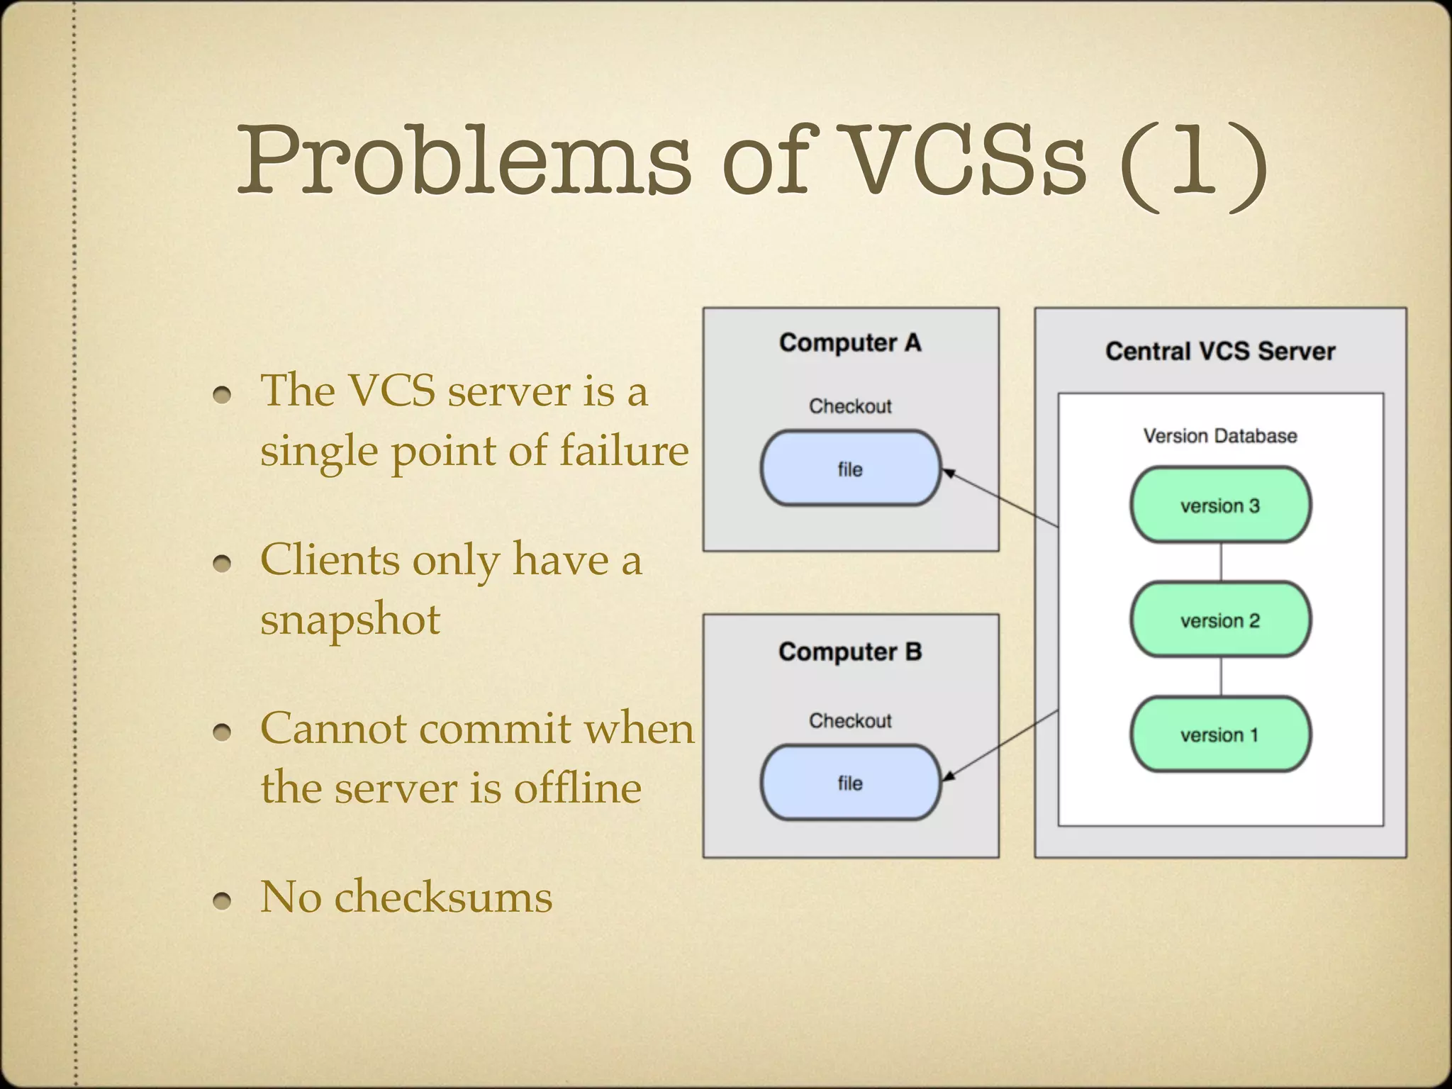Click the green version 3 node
pos(1220,505)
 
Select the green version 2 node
pos(1220,620)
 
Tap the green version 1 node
pos(1220,735)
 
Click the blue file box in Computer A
pos(850,469)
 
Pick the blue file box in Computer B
pos(850,783)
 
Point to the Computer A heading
pos(850,342)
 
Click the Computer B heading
pos(850,652)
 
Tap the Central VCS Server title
pos(1220,351)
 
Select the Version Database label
pos(1220,435)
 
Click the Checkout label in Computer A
pos(850,406)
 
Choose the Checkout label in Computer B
pos(850,720)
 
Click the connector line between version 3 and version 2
pos(1220,562)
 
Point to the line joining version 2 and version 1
pos(1220,677)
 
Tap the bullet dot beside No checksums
pos(223,900)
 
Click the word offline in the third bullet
pos(577,788)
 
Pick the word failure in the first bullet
pos(624,450)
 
